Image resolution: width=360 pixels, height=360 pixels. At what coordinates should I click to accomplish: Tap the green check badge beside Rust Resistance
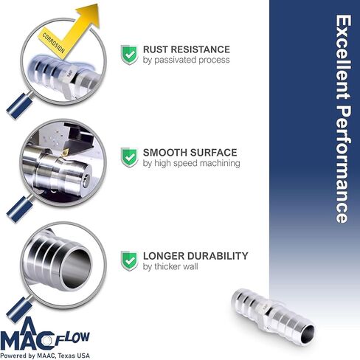(129, 54)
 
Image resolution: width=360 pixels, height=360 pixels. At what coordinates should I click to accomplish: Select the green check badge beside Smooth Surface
(129, 156)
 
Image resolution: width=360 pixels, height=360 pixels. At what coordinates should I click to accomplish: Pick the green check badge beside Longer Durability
(129, 260)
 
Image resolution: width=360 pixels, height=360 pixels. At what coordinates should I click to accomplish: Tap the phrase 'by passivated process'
(185, 60)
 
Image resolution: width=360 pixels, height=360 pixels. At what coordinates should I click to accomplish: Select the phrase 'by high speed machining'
(191, 163)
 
